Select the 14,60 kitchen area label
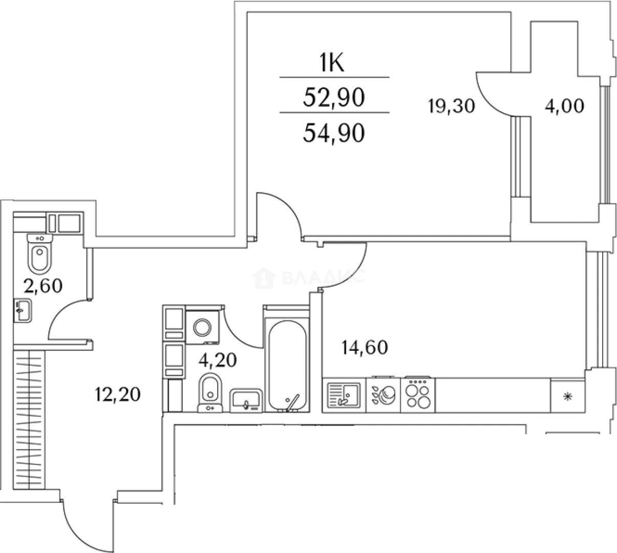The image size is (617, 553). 364,348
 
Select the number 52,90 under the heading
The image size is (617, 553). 334,97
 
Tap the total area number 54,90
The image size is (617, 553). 334,133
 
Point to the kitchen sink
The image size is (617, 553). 343,395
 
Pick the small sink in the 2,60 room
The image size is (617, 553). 23,310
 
